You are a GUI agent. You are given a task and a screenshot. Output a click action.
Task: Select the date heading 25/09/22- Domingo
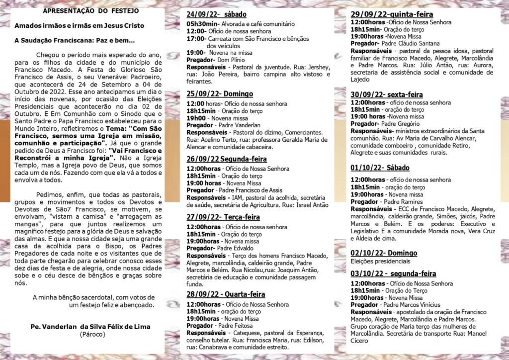click(x=220, y=93)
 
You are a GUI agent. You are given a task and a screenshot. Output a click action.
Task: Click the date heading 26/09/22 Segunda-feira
click(x=227, y=159)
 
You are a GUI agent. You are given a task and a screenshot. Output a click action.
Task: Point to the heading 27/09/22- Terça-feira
click(x=223, y=217)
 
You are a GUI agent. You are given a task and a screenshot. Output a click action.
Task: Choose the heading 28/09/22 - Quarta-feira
click(x=226, y=294)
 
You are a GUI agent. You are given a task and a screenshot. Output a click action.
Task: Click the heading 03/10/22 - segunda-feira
click(x=393, y=273)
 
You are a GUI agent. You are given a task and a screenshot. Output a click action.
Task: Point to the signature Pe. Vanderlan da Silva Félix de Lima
click(x=90, y=327)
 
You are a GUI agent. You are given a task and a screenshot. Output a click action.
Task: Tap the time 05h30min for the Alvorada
click(x=201, y=24)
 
